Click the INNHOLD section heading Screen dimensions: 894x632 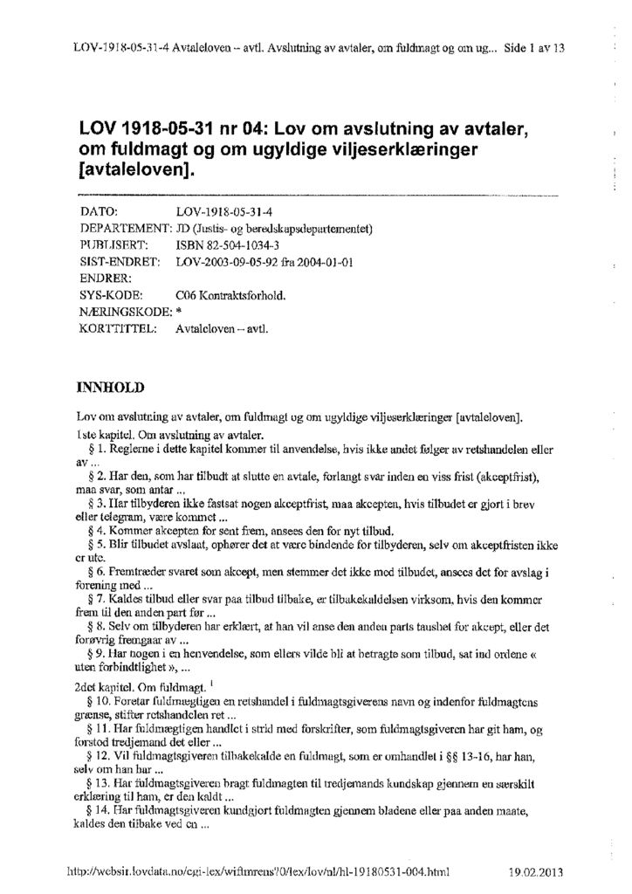113,385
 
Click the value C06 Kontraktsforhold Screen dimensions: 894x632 230,295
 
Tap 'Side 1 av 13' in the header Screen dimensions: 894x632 535,49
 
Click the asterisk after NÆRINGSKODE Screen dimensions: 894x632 178,313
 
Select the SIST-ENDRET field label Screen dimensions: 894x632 119,262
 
